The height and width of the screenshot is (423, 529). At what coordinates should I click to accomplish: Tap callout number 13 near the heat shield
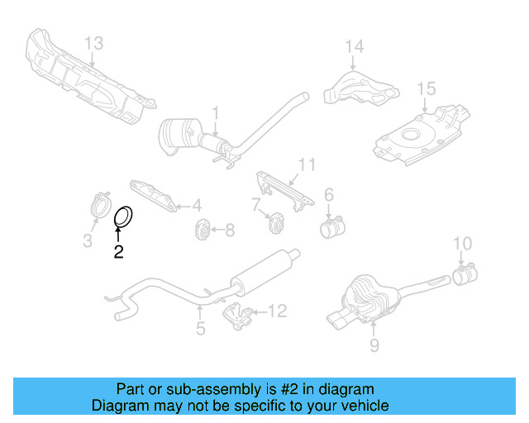click(x=94, y=43)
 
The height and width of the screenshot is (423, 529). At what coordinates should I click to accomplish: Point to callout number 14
click(x=354, y=46)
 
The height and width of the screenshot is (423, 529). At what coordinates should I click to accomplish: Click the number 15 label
click(x=426, y=88)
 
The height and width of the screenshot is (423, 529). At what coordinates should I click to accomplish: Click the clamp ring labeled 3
click(x=100, y=206)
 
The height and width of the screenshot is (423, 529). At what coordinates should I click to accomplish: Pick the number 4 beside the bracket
click(x=198, y=206)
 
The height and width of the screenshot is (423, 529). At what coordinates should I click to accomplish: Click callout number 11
click(x=307, y=165)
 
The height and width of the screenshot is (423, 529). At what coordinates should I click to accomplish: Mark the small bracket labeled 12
click(x=240, y=315)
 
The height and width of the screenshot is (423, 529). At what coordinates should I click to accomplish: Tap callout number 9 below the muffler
click(x=374, y=345)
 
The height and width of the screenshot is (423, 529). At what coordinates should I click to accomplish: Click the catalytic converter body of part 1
click(x=181, y=135)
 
